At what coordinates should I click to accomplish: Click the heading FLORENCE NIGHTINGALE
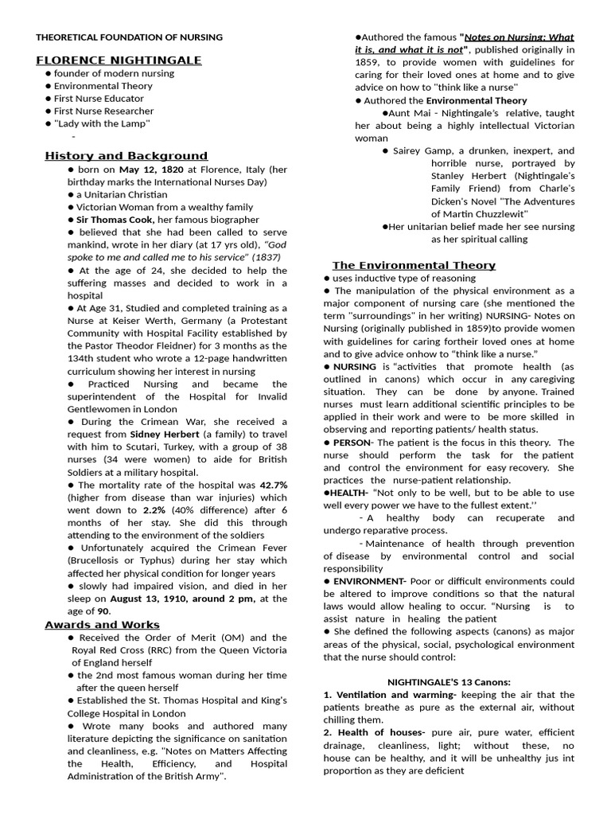point(119,60)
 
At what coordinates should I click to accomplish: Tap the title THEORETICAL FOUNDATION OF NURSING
point(129,37)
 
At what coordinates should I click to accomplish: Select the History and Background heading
point(126,155)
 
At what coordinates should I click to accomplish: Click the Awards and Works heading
point(102,624)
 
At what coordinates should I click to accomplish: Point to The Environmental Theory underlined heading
point(413,264)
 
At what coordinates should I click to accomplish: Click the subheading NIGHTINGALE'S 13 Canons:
point(449,682)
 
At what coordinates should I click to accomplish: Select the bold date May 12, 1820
point(151,170)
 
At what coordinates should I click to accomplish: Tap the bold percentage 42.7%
point(272,485)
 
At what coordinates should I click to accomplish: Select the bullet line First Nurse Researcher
point(103,111)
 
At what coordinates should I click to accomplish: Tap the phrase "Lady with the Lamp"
point(102,124)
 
